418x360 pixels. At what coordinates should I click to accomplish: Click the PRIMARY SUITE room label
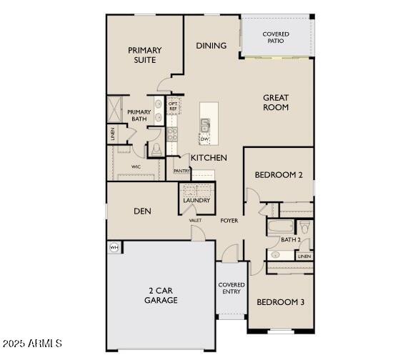pyautogui.click(x=144, y=56)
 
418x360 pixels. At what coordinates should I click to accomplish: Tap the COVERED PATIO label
pyautogui.click(x=276, y=37)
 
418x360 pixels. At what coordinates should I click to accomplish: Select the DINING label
pyautogui.click(x=212, y=46)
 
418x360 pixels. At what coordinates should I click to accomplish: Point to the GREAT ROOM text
pyautogui.click(x=276, y=102)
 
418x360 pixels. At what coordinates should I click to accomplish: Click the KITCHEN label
pyautogui.click(x=209, y=157)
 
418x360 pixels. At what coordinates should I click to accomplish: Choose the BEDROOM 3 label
pyautogui.click(x=281, y=302)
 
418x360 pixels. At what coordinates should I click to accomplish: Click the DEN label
pyautogui.click(x=141, y=211)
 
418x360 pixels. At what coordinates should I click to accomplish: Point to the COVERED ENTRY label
pyautogui.click(x=232, y=289)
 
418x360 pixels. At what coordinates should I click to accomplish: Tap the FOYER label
pyautogui.click(x=229, y=221)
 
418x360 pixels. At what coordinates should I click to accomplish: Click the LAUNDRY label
pyautogui.click(x=196, y=201)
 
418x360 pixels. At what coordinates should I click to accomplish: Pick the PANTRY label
pyautogui.click(x=181, y=171)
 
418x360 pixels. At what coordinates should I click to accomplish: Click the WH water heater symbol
pyautogui.click(x=114, y=247)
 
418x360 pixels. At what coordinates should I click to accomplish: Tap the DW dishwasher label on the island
pyautogui.click(x=204, y=139)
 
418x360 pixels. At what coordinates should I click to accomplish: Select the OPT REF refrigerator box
pyautogui.click(x=172, y=106)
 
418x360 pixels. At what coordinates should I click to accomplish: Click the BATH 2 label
pyautogui.click(x=290, y=240)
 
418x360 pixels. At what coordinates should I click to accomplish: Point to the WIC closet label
pyautogui.click(x=136, y=167)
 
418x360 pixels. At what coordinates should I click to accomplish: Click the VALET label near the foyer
pyautogui.click(x=195, y=221)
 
